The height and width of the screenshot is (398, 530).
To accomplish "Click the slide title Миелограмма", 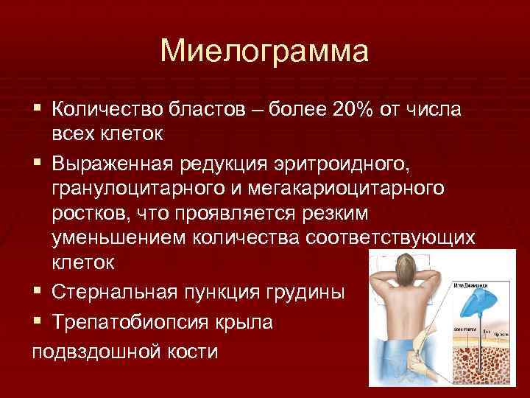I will (264, 51).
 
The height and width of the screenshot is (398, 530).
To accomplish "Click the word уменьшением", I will (119, 238).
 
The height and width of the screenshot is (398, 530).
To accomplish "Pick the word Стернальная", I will (110, 292).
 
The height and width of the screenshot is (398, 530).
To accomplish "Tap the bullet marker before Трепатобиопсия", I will (38, 322).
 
